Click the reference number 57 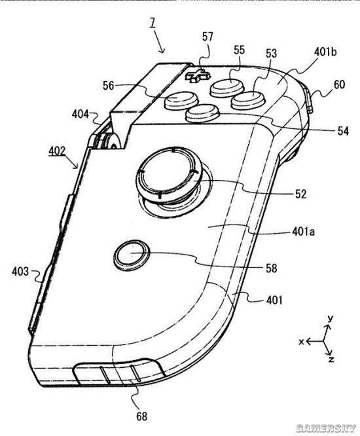[x=207, y=37]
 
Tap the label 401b [x=325, y=52]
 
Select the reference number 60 [x=339, y=84]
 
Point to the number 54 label [x=343, y=131]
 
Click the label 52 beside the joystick [x=301, y=194]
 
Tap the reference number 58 [x=272, y=268]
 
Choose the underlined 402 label [x=57, y=151]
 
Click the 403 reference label [x=20, y=272]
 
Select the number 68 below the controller [x=141, y=416]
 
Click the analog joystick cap [x=168, y=173]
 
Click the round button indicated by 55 [x=227, y=86]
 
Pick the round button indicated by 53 [x=248, y=100]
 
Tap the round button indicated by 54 [x=203, y=113]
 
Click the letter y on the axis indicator [x=331, y=318]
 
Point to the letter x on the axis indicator [x=301, y=342]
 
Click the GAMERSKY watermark [x=326, y=428]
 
